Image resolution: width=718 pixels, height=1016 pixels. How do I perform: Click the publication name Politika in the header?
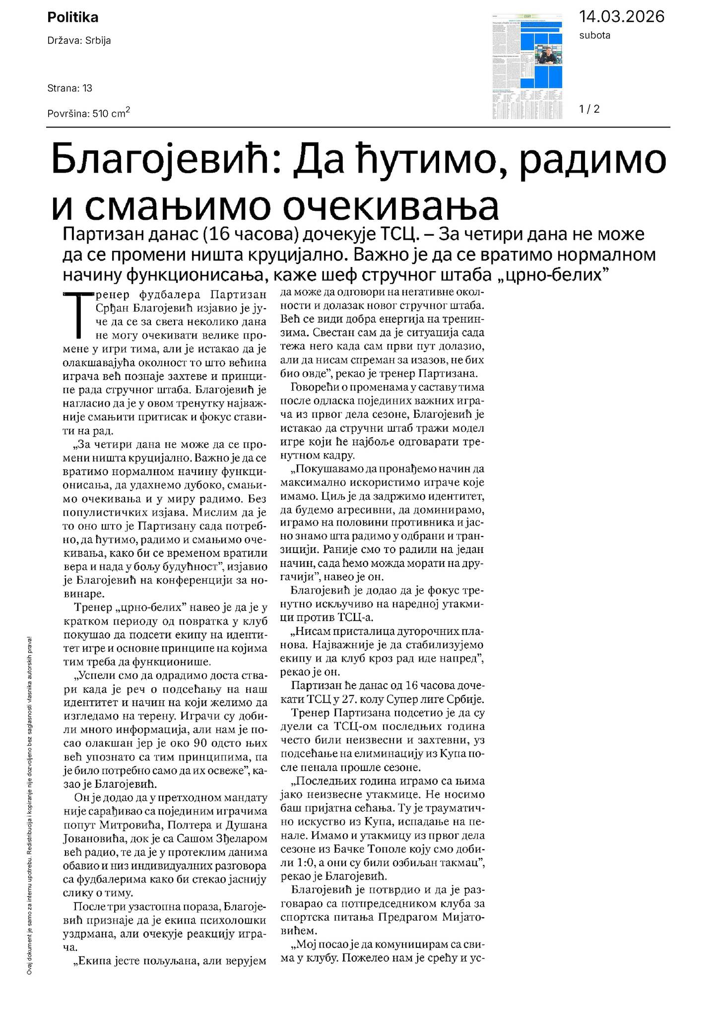click(x=72, y=18)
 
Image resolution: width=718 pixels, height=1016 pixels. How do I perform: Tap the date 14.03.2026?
click(x=621, y=17)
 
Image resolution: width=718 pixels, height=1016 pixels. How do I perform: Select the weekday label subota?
click(x=594, y=36)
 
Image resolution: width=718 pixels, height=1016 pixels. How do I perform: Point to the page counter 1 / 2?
click(x=589, y=109)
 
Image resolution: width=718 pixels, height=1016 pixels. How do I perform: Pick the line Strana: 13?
click(x=70, y=88)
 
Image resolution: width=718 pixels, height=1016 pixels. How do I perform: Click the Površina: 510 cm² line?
click(x=89, y=113)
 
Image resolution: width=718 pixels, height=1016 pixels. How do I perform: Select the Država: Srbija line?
click(x=79, y=41)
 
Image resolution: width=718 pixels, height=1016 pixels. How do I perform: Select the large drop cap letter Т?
click(x=78, y=314)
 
